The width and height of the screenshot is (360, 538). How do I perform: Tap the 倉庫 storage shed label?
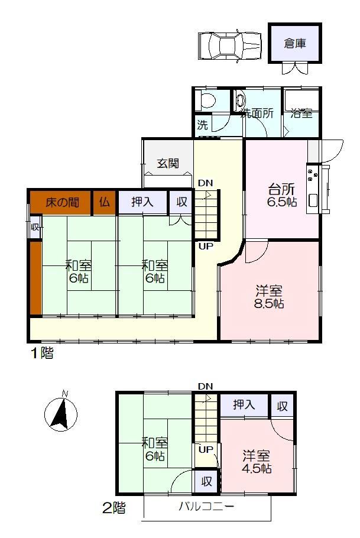click(295, 44)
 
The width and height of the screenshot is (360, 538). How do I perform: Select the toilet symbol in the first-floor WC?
click(208, 100)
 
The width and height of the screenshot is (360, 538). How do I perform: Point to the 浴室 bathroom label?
click(301, 114)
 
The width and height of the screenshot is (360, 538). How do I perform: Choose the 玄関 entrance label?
click(168, 163)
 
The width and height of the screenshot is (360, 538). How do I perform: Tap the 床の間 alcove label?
click(63, 202)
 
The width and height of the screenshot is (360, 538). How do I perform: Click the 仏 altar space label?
click(105, 202)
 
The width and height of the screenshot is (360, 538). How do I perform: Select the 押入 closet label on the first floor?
click(142, 202)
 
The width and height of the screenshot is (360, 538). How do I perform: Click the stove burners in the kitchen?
click(313, 174)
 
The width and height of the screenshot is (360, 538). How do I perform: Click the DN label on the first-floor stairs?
click(206, 183)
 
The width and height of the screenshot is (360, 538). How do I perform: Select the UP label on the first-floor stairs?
click(206, 246)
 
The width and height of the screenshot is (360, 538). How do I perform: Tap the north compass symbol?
click(61, 413)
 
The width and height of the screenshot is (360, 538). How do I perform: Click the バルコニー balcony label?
click(206, 507)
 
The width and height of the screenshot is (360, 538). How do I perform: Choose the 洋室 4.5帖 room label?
click(257, 462)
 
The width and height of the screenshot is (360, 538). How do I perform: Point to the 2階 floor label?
click(114, 508)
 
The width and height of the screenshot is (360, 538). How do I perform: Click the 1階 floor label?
click(43, 353)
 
